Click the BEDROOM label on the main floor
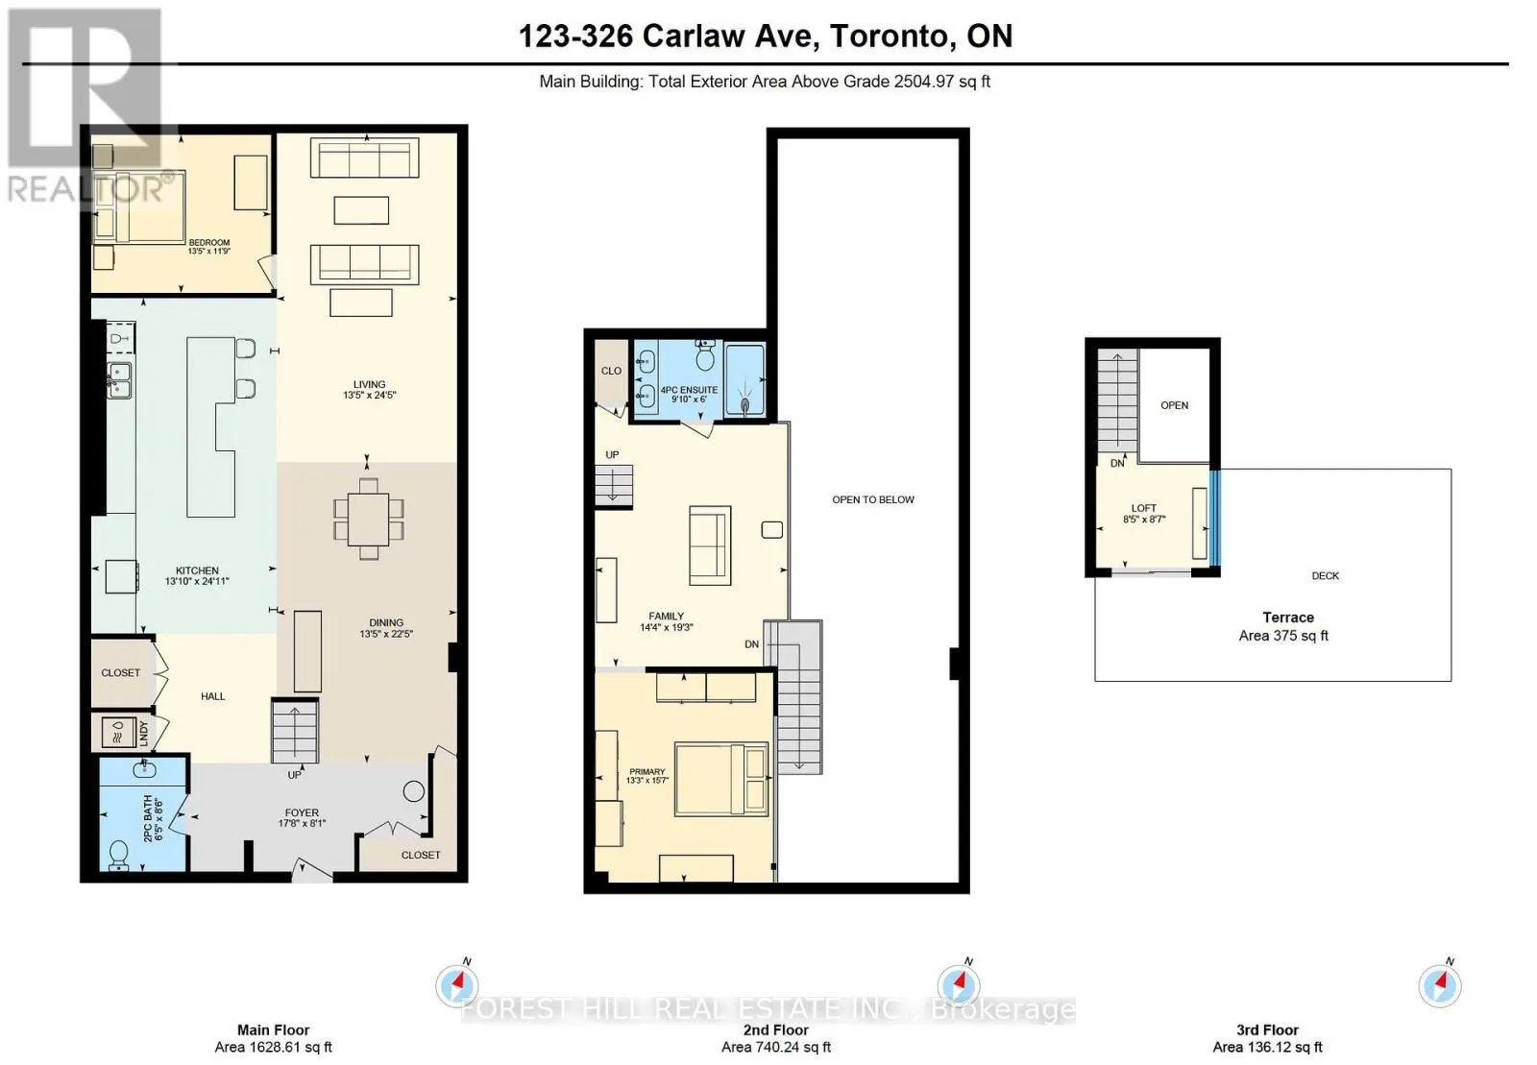coord(209,242)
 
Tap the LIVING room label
coord(369,384)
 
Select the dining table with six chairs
coord(369,520)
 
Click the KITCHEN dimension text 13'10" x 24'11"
coord(197,582)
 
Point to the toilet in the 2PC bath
coord(118,855)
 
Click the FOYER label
coord(302,811)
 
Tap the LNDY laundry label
coord(143,733)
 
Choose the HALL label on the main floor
coord(212,696)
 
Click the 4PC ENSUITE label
coord(689,390)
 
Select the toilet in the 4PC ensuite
coord(705,355)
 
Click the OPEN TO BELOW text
coord(873,499)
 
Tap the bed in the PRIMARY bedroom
coord(721,779)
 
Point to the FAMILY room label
coord(666,616)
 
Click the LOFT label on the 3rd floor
coord(1144,508)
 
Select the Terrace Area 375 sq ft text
coord(1283,626)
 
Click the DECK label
coord(1325,575)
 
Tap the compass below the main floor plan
coord(457,985)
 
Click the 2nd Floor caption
coord(775,1029)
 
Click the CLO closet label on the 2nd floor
coord(611,371)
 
